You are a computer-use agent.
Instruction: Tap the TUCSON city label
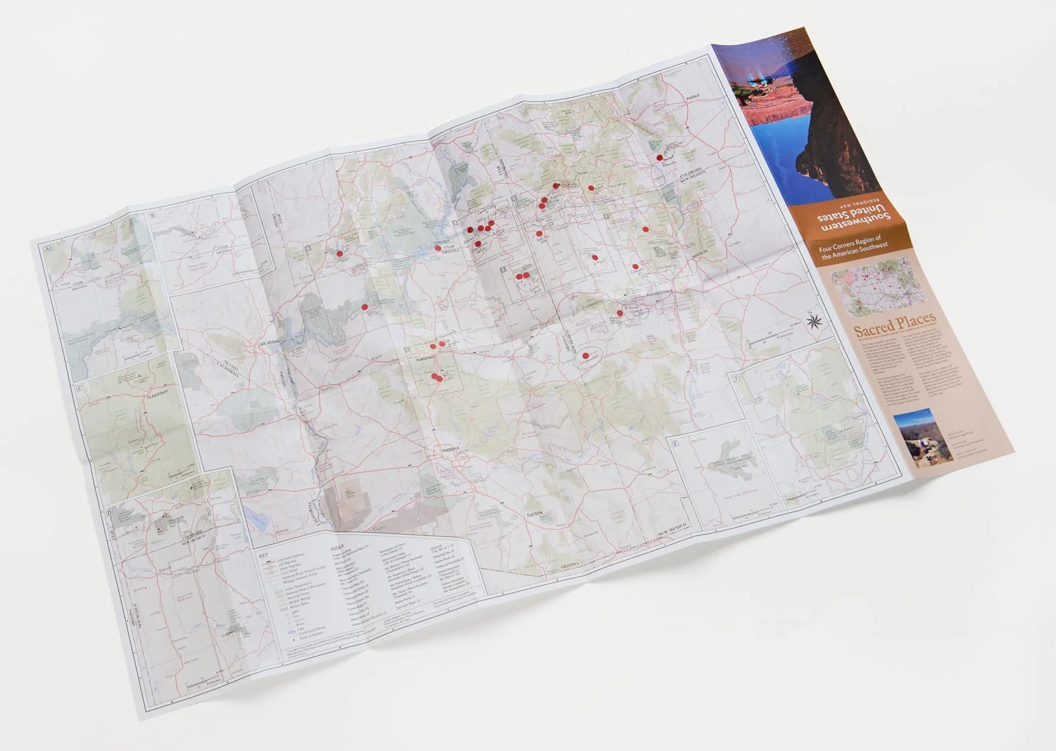pyautogui.click(x=534, y=515)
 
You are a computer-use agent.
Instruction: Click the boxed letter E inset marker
pyautogui.click(x=674, y=443)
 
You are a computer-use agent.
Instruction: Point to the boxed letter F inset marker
pyautogui.click(x=736, y=380)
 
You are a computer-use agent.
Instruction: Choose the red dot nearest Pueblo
pyautogui.click(x=660, y=158)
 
